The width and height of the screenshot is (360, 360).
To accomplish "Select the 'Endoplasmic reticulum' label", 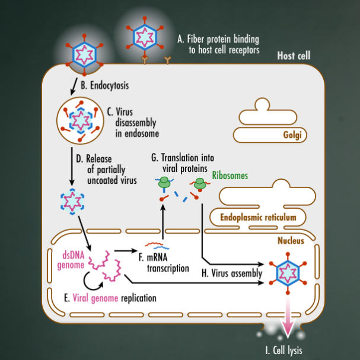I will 258,218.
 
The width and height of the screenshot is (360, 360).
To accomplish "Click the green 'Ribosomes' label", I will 230,176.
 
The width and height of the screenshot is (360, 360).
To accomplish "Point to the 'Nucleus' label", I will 290,241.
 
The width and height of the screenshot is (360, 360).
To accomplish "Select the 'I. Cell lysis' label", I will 283,350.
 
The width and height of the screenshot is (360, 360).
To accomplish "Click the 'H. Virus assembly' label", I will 232,273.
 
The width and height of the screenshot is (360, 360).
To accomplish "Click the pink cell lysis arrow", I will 289,317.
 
